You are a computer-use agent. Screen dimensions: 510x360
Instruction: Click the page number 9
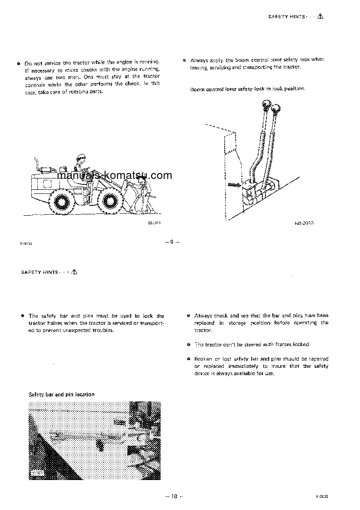[x=172, y=241]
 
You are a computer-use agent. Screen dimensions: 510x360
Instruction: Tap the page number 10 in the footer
[x=173, y=496]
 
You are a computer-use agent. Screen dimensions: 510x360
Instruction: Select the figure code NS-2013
[x=304, y=223]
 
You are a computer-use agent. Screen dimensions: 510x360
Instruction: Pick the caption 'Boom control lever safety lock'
[x=247, y=89]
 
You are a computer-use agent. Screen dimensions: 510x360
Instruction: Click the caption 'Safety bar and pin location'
[x=61, y=394]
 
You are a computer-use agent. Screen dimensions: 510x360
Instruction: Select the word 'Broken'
[x=202, y=358]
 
